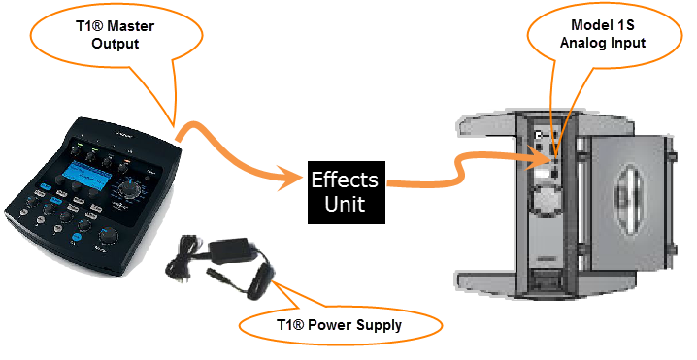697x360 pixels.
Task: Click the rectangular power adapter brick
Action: coord(232,250)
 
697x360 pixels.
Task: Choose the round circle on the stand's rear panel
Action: coord(550,202)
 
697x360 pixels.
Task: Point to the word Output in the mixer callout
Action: coord(118,44)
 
